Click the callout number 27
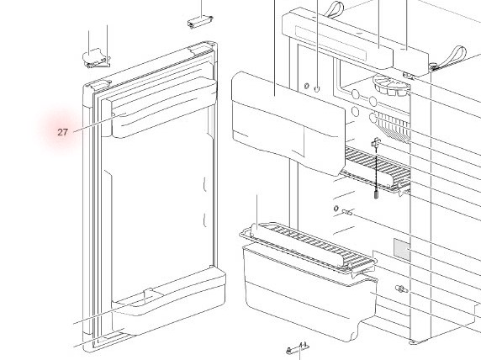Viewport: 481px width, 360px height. [62, 132]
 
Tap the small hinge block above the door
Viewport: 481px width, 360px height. [200, 22]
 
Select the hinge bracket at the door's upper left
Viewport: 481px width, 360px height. [96, 58]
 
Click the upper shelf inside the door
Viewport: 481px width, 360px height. [165, 107]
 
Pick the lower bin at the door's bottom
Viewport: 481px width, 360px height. [169, 302]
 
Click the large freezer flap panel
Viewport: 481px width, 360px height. [288, 123]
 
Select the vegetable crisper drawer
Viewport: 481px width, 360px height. [309, 292]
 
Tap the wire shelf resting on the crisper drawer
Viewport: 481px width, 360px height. [308, 247]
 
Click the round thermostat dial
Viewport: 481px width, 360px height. [391, 85]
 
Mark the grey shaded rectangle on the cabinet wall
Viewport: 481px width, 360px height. [402, 249]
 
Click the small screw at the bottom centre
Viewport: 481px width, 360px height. [297, 348]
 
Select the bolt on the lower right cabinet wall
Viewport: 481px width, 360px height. [402, 289]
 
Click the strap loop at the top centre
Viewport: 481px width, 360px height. [334, 9]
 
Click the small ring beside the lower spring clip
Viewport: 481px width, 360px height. [336, 209]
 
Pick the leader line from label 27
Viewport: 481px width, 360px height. [100, 123]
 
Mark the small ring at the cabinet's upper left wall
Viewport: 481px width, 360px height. [306, 86]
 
